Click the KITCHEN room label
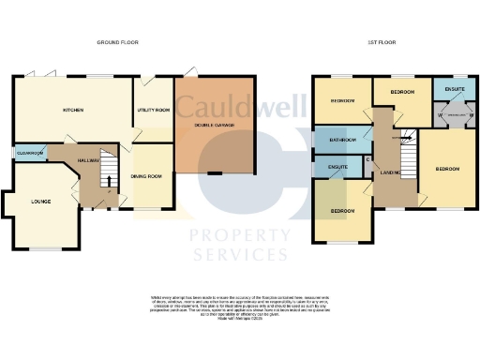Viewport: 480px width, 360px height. [x=73, y=110]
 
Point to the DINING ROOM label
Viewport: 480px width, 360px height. [x=151, y=176]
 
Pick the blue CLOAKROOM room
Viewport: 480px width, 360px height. [x=30, y=153]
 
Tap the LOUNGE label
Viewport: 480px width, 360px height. [x=40, y=202]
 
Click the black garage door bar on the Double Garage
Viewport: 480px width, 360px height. [x=215, y=172]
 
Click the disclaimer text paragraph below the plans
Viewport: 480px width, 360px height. [x=239, y=309]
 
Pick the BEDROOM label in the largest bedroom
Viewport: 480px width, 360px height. [x=447, y=169]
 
